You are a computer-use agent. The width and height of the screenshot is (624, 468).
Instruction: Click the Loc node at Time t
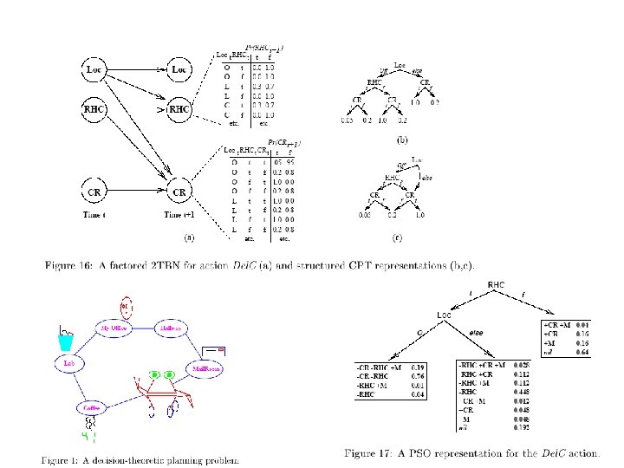coord(94,67)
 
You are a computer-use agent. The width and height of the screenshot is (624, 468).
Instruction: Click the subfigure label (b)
coord(402,138)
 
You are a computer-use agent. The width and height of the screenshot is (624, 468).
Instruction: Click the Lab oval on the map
coord(68,365)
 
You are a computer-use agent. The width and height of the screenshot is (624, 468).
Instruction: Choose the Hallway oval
coord(169,328)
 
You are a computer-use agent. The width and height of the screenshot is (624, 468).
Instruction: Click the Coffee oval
coord(91,405)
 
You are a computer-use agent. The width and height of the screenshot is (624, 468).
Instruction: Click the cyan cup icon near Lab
coord(65,342)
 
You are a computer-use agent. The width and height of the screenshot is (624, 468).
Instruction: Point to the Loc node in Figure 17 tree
coord(443,314)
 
